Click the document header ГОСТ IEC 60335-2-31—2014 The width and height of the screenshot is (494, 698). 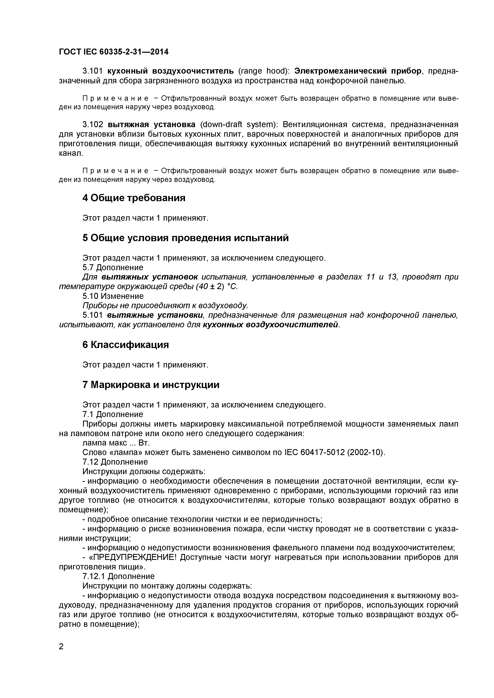coord(113,52)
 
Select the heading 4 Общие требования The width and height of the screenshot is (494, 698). coord(134,198)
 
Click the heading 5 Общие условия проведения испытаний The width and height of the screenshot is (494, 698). coord(185,238)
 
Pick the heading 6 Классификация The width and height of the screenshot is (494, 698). coord(125,345)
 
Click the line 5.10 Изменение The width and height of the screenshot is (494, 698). coord(113,296)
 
